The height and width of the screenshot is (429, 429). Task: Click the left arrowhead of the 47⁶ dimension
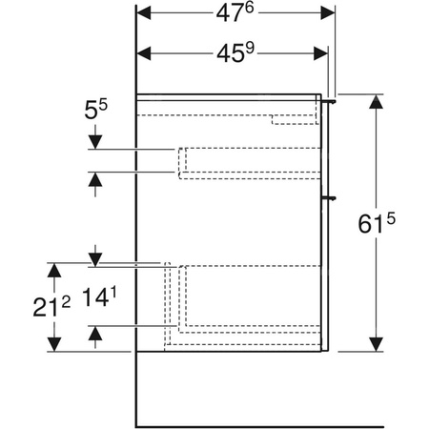(145, 13)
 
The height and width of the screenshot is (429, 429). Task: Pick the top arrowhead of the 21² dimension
(56, 270)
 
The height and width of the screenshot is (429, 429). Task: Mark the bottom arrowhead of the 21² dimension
(56, 343)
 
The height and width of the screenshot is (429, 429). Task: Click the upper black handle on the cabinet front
(331, 99)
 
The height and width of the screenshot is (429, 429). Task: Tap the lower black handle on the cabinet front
(331, 197)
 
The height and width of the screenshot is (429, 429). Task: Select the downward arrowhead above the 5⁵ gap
(94, 142)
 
